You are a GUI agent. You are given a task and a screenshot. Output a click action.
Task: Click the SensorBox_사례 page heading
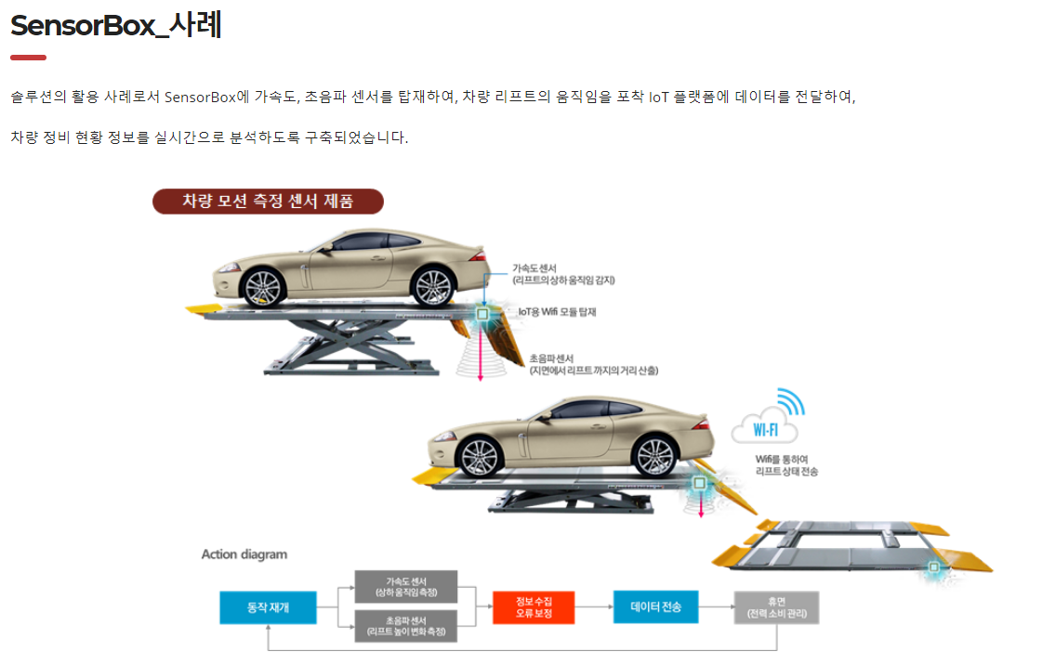click(116, 25)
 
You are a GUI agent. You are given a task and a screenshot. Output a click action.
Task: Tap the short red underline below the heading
click(28, 58)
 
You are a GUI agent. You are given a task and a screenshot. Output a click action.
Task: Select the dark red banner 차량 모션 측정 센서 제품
click(268, 202)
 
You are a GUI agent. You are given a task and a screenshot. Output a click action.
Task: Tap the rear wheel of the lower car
click(652, 456)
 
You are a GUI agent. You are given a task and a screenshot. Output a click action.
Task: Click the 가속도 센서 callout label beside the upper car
click(563, 273)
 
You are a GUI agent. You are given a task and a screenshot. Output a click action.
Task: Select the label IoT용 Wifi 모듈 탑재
click(557, 312)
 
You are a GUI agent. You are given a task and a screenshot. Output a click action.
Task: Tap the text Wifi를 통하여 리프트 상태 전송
click(786, 464)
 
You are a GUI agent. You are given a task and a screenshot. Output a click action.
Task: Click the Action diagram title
click(244, 554)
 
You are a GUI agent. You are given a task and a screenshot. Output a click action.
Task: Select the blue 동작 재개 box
click(268, 607)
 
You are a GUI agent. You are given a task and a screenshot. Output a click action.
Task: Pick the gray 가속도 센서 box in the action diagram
click(405, 587)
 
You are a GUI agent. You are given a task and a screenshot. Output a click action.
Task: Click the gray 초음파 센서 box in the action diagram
click(405, 626)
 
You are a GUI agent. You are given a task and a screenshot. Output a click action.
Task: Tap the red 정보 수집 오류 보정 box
click(534, 607)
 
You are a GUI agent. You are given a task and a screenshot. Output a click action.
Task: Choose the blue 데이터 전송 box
click(655, 607)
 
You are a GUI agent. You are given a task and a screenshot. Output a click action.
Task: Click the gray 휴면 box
click(775, 607)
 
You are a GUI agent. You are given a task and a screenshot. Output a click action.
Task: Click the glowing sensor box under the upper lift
click(482, 315)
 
